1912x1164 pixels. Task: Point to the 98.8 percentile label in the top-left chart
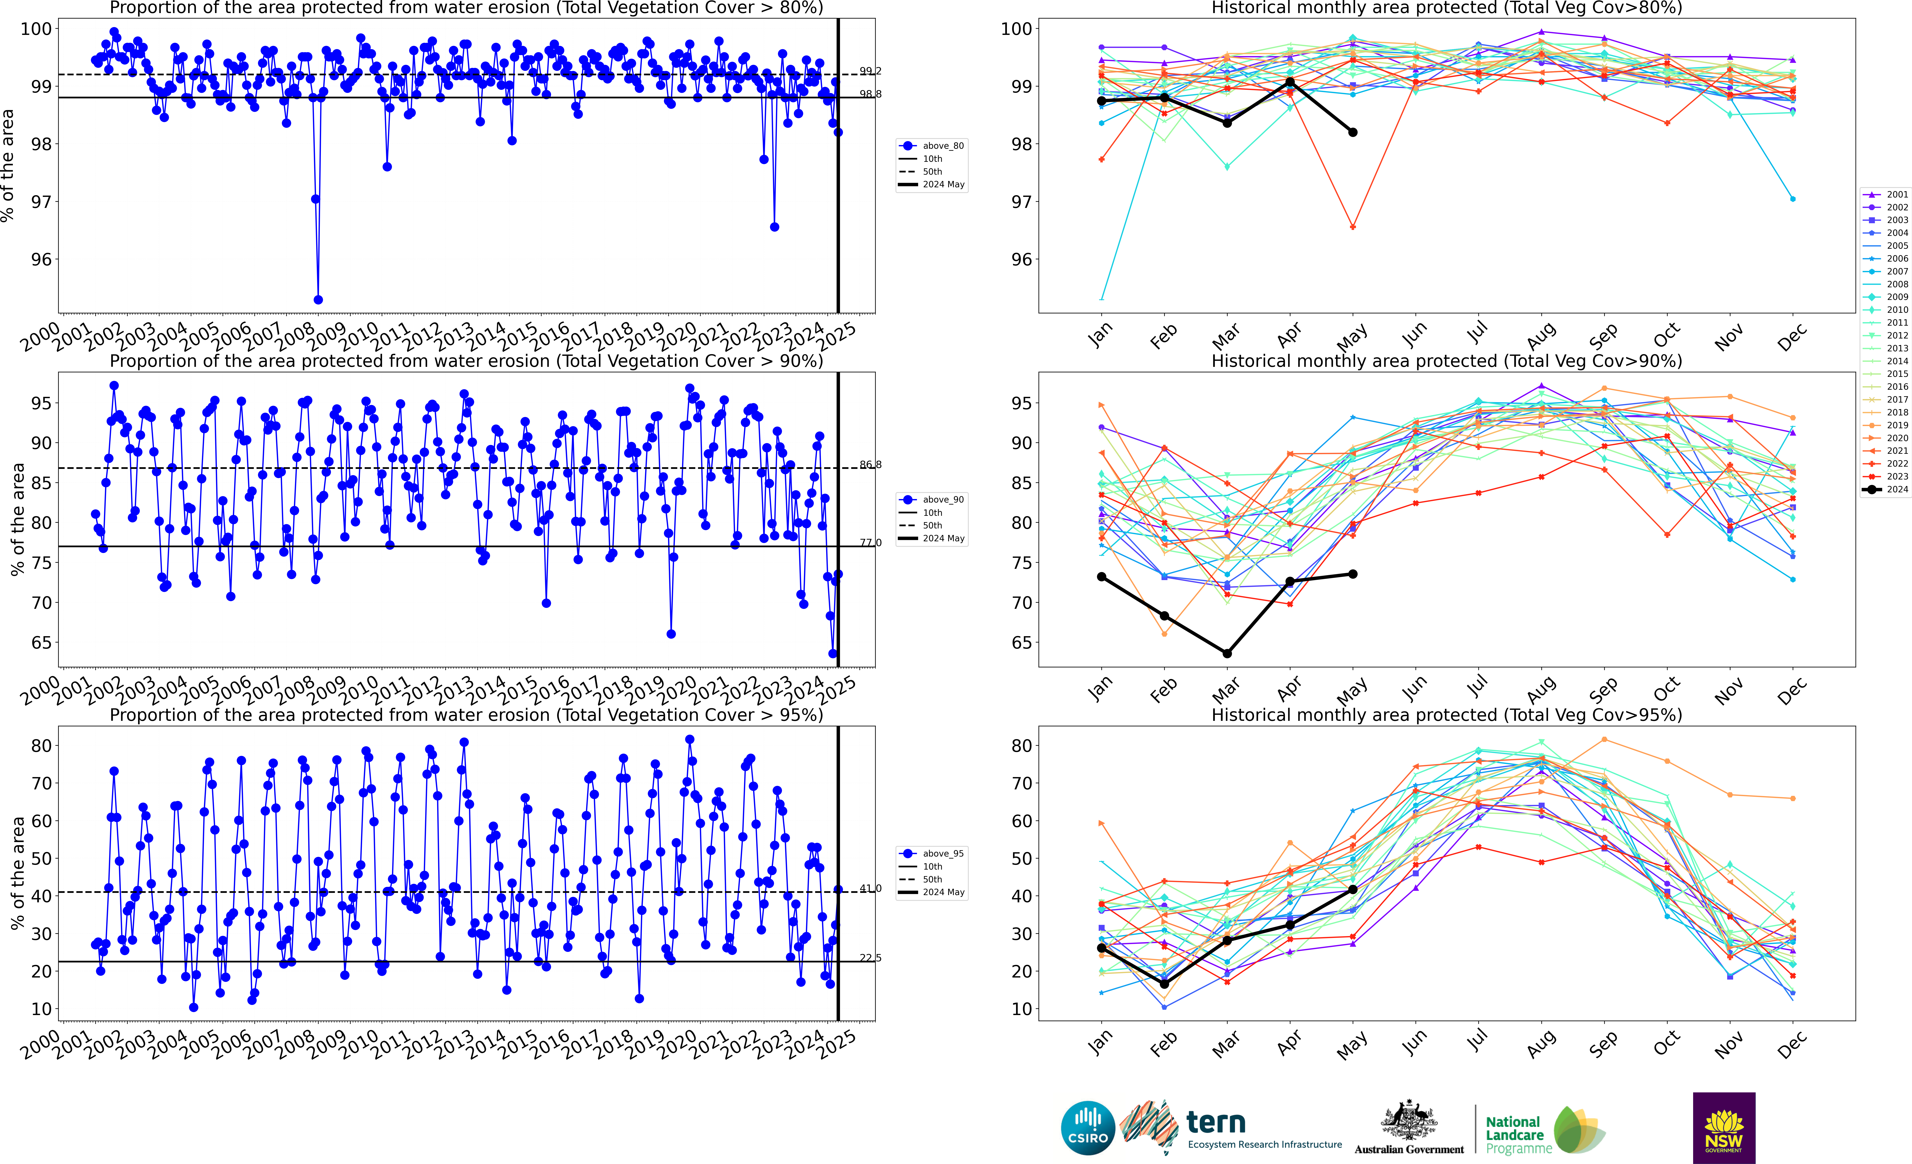click(870, 94)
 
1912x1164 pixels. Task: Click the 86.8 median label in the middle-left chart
click(870, 465)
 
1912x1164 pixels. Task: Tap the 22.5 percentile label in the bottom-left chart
click(870, 958)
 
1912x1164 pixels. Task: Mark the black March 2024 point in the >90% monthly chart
click(1227, 653)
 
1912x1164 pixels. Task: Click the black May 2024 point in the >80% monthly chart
click(1352, 133)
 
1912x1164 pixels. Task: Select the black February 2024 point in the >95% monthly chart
click(1164, 984)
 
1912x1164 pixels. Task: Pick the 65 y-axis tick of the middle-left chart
click(41, 642)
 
